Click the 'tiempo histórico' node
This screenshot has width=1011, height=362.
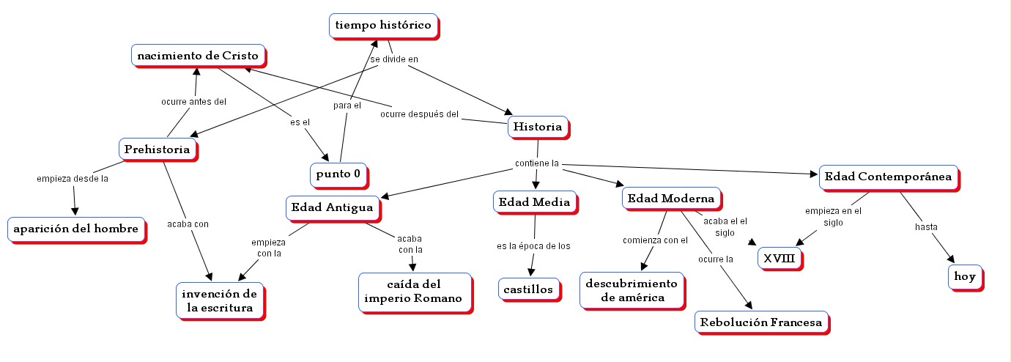(383, 25)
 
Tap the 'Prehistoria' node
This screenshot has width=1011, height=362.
(158, 149)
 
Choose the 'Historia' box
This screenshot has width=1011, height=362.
(538, 127)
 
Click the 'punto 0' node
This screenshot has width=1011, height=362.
(338, 174)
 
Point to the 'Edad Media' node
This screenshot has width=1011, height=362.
(534, 202)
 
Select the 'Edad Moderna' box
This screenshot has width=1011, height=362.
(670, 198)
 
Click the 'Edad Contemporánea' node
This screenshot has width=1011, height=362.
(888, 176)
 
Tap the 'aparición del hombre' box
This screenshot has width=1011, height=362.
(75, 229)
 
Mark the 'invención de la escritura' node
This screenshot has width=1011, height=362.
(219, 300)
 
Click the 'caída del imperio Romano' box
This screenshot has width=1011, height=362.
(414, 291)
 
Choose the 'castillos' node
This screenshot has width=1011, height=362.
(528, 289)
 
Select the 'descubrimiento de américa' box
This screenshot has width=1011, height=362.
(632, 290)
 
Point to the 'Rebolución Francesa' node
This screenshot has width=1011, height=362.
(761, 322)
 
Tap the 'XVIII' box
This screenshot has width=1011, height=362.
(779, 259)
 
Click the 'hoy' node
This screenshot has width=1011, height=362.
(964, 277)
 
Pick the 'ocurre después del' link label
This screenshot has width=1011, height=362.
(419, 114)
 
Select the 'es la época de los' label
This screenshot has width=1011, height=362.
(533, 245)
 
